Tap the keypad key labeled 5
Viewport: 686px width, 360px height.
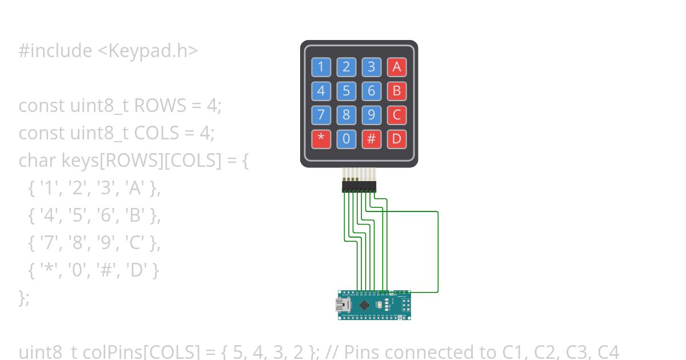tap(346, 91)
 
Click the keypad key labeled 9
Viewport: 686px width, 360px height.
tap(371, 115)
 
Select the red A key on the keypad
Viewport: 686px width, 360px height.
tap(396, 67)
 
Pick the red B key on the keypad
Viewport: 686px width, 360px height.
tap(396, 91)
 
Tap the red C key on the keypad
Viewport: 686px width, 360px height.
tap(396, 115)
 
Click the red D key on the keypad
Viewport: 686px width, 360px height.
tap(396, 139)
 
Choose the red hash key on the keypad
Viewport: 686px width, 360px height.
tap(371, 139)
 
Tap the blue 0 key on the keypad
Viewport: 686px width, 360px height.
tap(346, 139)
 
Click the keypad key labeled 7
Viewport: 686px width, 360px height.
tap(321, 115)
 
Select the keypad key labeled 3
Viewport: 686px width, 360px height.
tap(371, 67)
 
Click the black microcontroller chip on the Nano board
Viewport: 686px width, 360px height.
tap(364, 305)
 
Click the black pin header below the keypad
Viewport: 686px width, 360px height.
tap(359, 187)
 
